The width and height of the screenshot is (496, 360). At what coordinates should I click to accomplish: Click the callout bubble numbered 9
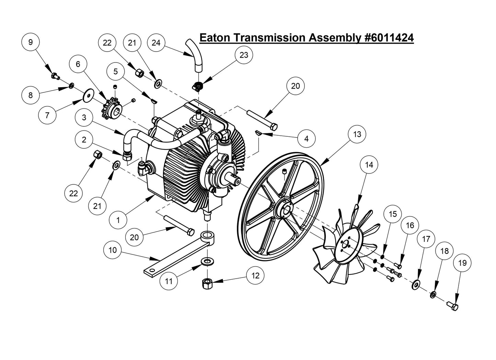(x=31, y=42)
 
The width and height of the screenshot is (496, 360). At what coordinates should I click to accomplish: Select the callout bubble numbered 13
(x=357, y=134)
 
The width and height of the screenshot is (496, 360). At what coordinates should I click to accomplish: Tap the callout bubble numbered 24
(x=156, y=42)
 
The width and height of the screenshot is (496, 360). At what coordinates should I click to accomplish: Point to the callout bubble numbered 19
(x=462, y=263)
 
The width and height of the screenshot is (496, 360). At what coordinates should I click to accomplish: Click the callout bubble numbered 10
(x=113, y=250)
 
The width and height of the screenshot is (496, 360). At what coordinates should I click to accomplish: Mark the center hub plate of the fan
(x=345, y=246)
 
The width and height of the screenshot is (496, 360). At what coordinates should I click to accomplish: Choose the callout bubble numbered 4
(x=307, y=138)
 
